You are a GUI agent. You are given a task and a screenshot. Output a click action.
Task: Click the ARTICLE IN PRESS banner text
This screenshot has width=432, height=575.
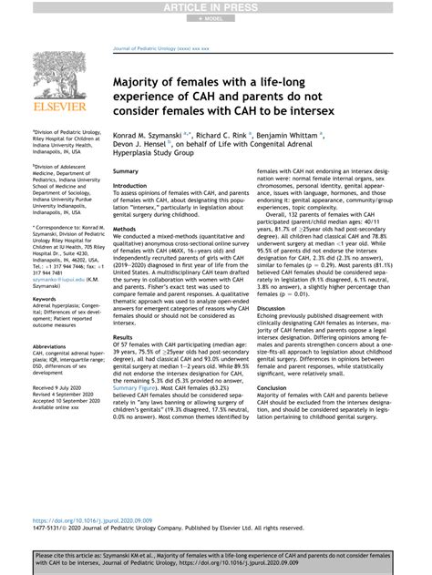point(215,7)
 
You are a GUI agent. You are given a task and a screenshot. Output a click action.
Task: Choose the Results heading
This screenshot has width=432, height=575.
point(123,337)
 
